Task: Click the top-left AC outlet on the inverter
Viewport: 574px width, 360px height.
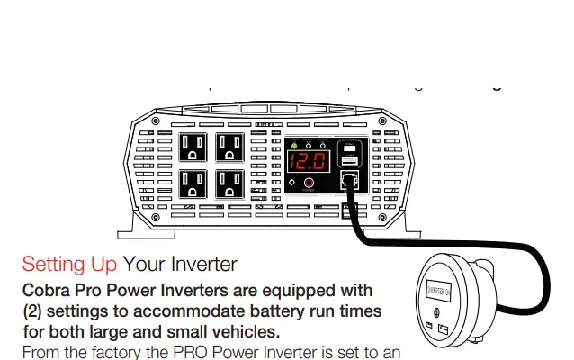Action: tap(193, 148)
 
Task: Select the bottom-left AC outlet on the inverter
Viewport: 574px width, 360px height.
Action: tap(193, 185)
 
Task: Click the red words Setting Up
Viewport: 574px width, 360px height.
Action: tap(69, 265)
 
